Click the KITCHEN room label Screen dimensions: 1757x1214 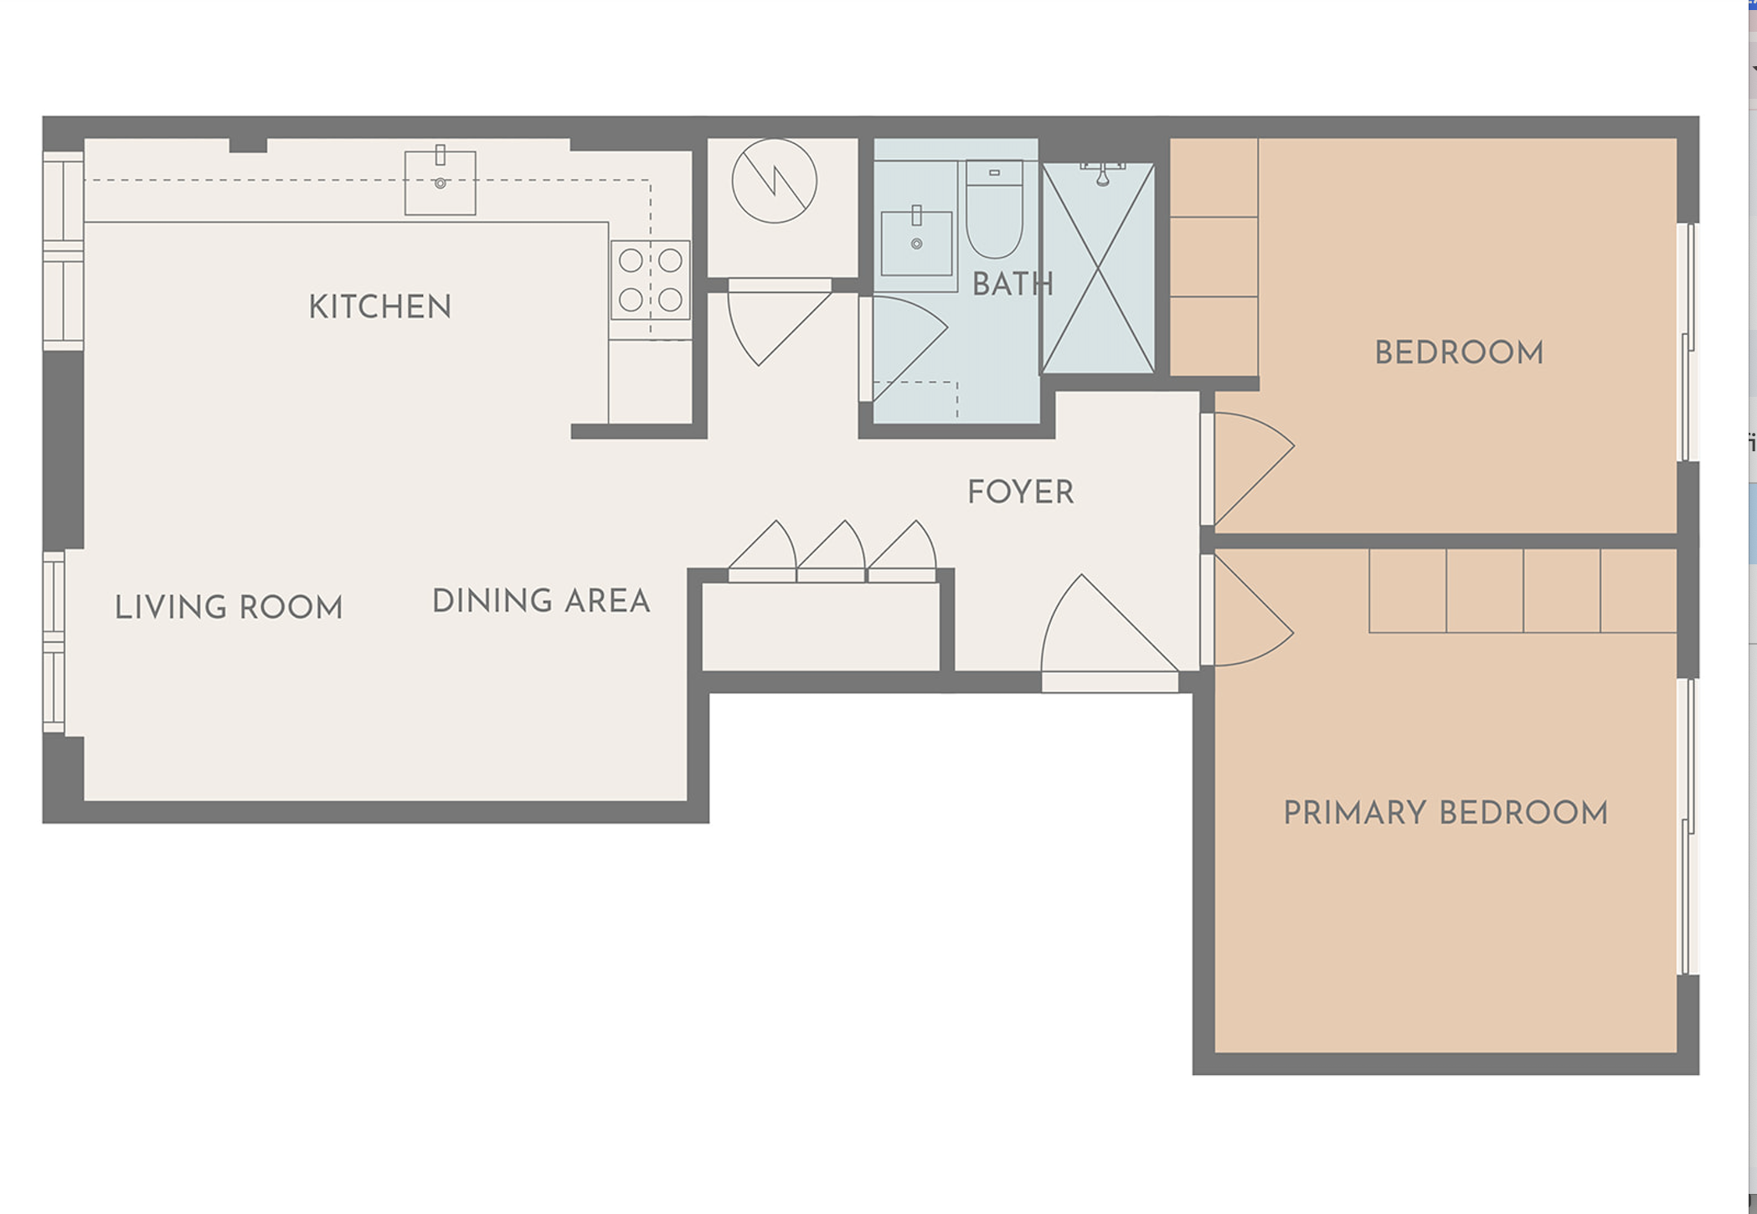click(x=380, y=306)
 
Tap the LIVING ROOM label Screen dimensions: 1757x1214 click(x=229, y=607)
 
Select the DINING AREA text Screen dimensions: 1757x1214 click(x=541, y=600)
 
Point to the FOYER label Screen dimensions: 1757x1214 click(x=1020, y=491)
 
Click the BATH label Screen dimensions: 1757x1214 click(x=1012, y=284)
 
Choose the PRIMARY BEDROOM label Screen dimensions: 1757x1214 click(x=1445, y=812)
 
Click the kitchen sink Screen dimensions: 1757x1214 click(x=441, y=183)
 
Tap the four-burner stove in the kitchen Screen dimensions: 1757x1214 click(x=651, y=280)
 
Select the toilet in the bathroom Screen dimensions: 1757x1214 click(x=994, y=209)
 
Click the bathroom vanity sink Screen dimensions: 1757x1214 click(x=916, y=243)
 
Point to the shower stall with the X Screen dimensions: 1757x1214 click(x=1098, y=268)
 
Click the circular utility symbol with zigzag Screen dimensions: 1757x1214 click(x=774, y=181)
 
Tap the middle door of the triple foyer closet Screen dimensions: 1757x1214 click(x=831, y=551)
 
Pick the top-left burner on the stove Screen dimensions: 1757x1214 click(x=631, y=261)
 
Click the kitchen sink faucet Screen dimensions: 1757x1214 click(x=441, y=156)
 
